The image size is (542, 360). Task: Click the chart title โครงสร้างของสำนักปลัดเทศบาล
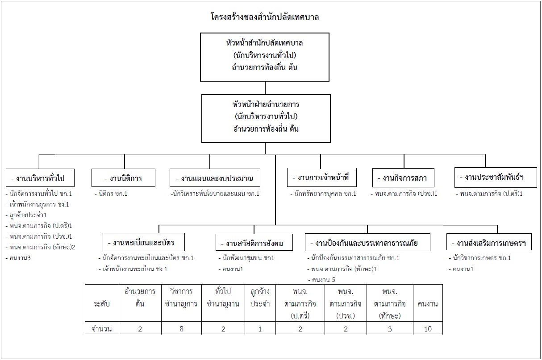(265, 17)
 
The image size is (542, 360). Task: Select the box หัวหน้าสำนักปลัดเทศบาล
(265, 57)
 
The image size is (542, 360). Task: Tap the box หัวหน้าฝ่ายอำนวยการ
(266, 119)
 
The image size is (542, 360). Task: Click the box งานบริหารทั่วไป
(40, 178)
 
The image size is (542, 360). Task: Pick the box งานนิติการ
(123, 178)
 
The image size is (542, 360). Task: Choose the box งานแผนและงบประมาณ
(215, 178)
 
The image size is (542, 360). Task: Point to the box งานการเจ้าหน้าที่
(322, 178)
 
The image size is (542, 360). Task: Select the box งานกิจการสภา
(403, 178)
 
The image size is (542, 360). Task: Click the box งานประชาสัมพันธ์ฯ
(496, 178)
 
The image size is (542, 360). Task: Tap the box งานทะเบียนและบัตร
(144, 242)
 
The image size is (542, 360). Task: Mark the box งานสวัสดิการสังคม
(254, 242)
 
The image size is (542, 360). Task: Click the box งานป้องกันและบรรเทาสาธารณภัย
(367, 242)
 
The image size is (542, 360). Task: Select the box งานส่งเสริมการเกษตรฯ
(489, 242)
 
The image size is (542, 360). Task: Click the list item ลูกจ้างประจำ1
(26, 215)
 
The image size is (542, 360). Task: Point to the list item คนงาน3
(18, 258)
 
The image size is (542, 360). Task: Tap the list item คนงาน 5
(321, 280)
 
